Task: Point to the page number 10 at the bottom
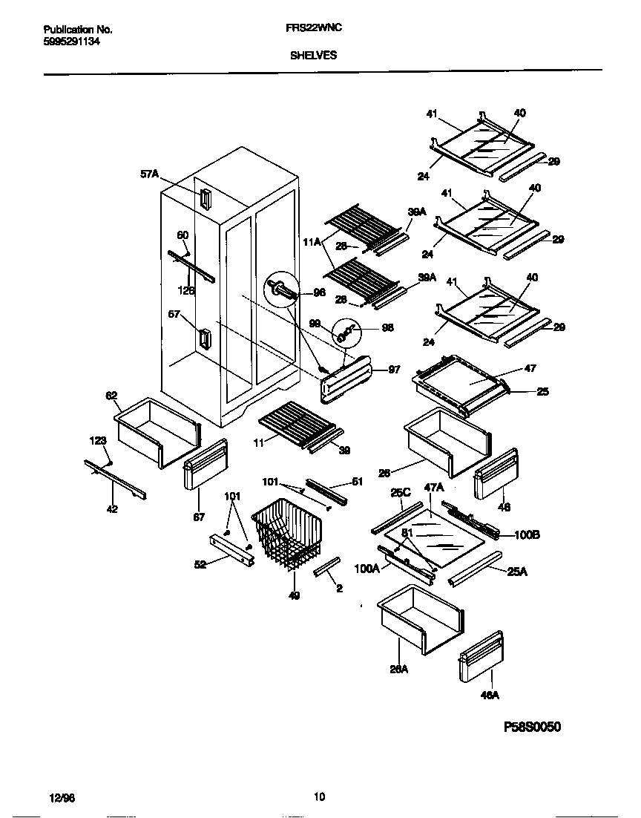point(319,797)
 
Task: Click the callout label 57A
point(150,174)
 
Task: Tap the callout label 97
point(394,369)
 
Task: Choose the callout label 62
point(112,396)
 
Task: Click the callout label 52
point(200,565)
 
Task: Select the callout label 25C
point(401,491)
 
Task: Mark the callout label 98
point(387,327)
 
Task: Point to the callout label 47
point(530,368)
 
